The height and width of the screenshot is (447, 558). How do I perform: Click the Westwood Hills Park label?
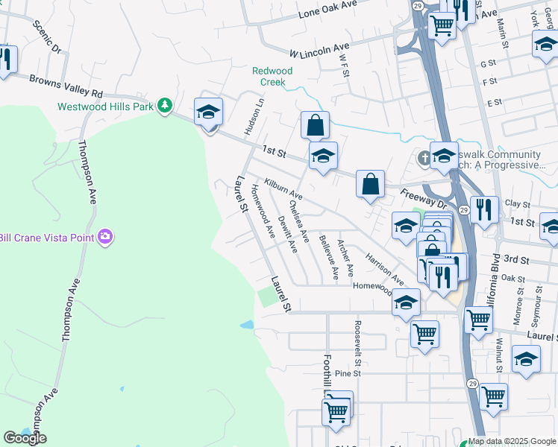click(x=105, y=107)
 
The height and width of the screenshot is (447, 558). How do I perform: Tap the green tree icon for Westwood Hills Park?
click(x=165, y=107)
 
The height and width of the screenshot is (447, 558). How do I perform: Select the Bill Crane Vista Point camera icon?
click(x=105, y=237)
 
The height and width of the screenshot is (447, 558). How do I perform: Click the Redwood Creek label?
click(x=272, y=76)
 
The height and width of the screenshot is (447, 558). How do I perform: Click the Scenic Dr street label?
click(x=46, y=37)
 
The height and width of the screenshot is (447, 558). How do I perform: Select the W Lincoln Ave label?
click(x=320, y=50)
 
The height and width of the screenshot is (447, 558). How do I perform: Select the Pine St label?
click(x=348, y=373)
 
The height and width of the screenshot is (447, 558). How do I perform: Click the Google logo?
click(x=25, y=438)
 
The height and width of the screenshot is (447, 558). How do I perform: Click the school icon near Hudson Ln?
click(x=208, y=113)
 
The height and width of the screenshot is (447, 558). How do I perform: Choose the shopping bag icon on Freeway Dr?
click(x=370, y=183)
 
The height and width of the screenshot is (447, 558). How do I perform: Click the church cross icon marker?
click(x=424, y=157)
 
